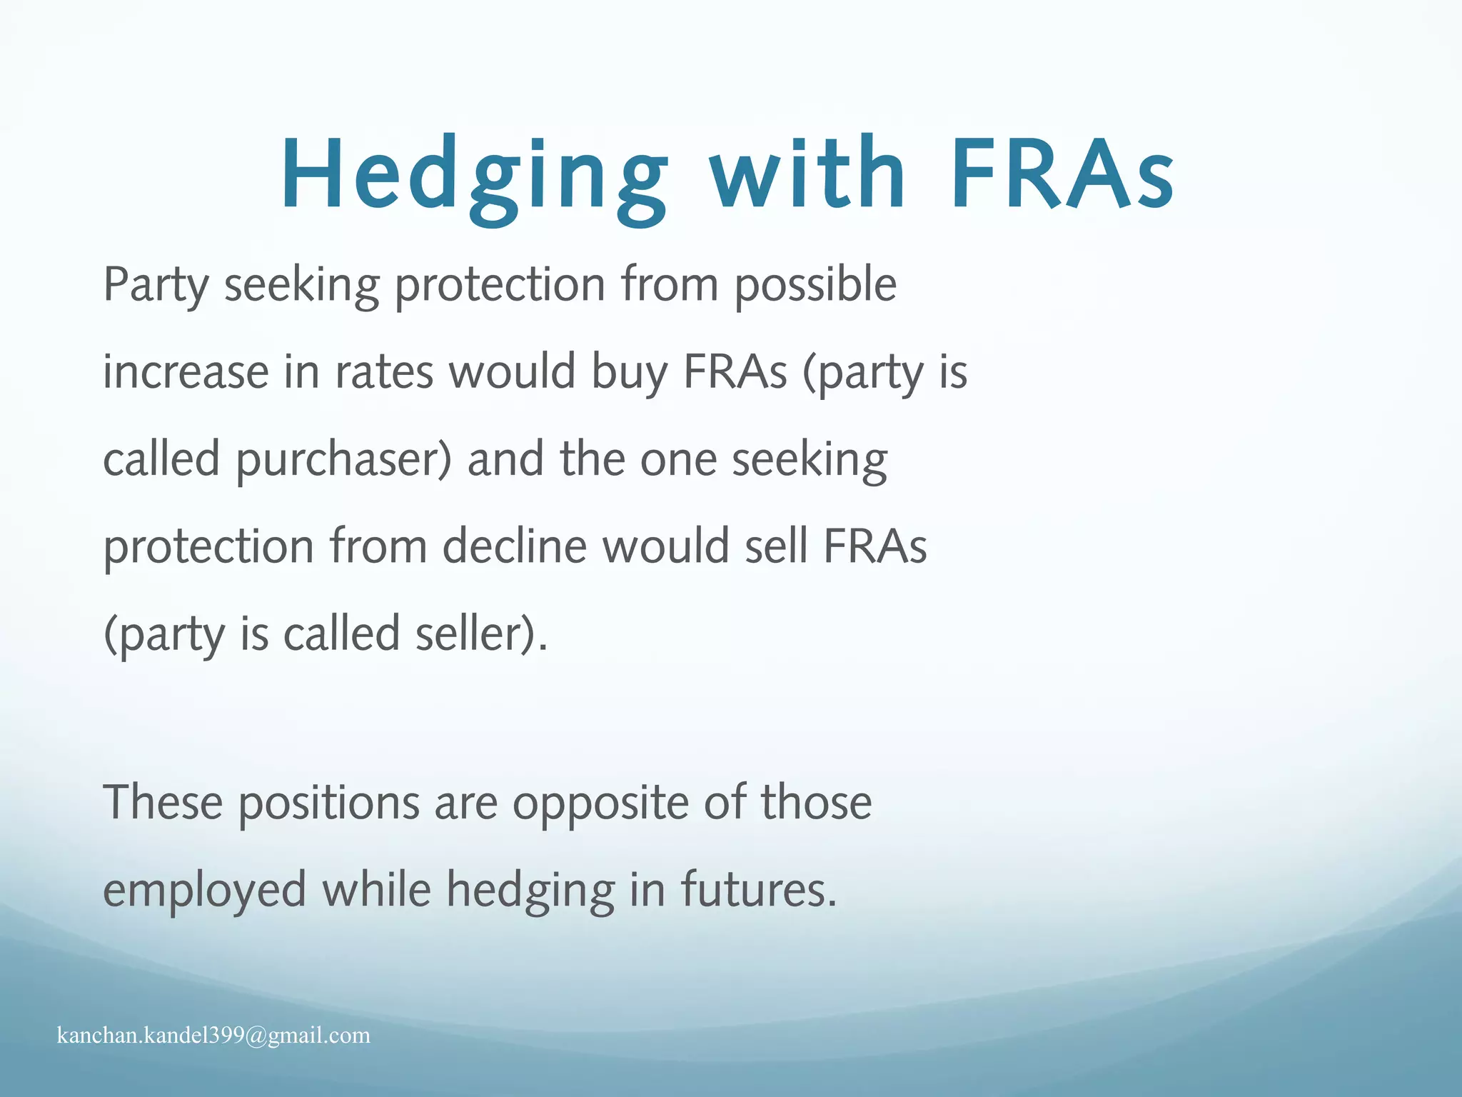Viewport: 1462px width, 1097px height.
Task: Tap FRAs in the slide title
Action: click(1062, 174)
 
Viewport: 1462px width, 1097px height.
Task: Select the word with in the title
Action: click(807, 174)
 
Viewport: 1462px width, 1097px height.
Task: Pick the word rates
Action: click(384, 373)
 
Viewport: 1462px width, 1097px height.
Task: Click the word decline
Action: click(514, 547)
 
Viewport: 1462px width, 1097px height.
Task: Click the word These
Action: click(163, 803)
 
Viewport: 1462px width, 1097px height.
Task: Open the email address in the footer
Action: click(213, 1036)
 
